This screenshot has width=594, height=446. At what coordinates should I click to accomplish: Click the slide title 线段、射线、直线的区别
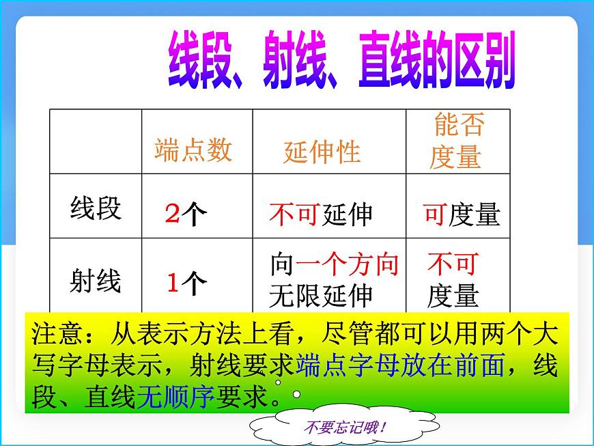(341, 66)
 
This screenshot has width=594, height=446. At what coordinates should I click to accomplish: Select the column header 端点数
(193, 150)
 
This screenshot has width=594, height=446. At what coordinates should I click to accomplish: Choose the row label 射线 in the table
(96, 280)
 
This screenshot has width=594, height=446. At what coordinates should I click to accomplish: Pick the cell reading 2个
(186, 214)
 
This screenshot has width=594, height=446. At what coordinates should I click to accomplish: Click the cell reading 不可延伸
(321, 214)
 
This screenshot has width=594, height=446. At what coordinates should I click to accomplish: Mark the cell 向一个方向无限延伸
(334, 280)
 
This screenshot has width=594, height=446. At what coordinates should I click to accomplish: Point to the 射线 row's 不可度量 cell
(453, 280)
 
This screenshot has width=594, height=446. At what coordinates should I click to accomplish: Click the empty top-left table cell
(96, 141)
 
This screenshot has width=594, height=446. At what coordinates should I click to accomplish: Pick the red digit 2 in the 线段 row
(172, 214)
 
